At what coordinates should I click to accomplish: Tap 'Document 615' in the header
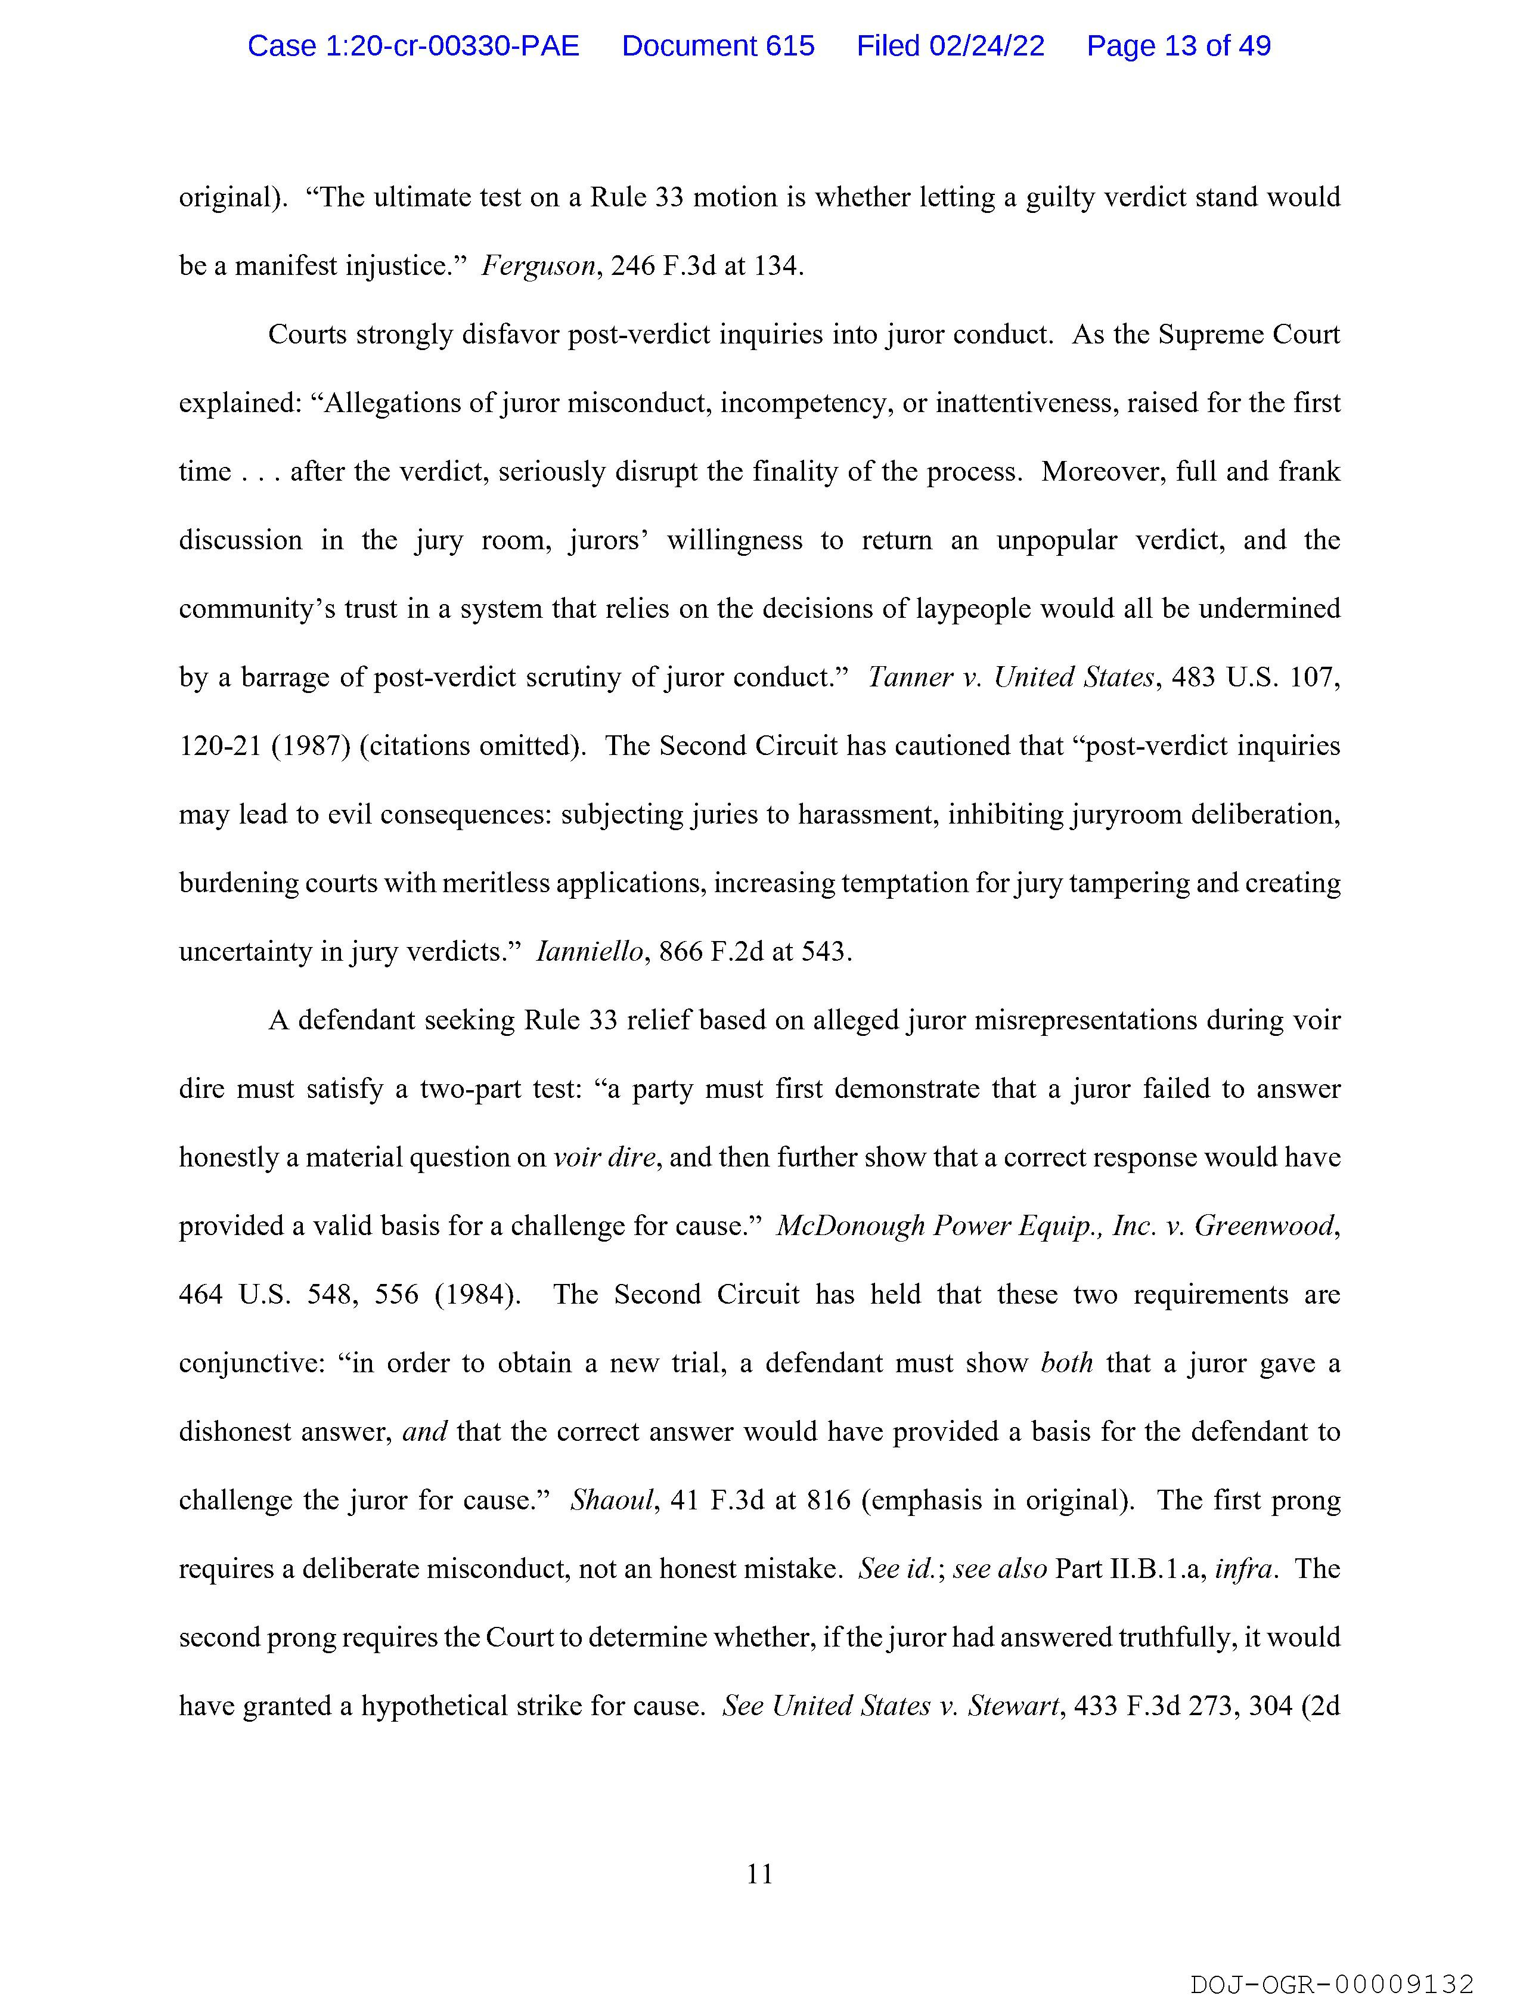[x=718, y=46]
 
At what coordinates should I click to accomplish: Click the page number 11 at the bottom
[x=760, y=1873]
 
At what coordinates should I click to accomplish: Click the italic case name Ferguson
[x=538, y=266]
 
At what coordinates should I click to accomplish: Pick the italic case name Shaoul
[x=612, y=1500]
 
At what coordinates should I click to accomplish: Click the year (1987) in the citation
[x=309, y=746]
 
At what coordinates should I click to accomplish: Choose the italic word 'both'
[x=1067, y=1363]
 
